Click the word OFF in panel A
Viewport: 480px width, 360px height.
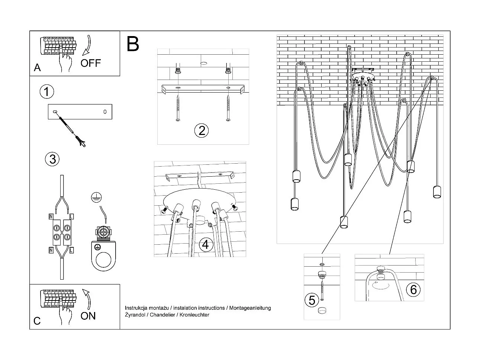(90, 63)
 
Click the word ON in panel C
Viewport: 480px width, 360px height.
(88, 316)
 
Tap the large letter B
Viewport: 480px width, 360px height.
(133, 44)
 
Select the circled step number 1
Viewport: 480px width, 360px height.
(47, 91)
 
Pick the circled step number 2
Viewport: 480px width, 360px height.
(202, 131)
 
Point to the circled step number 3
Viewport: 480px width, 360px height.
(52, 159)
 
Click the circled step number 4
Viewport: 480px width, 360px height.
(206, 245)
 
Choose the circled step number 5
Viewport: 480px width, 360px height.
(312, 300)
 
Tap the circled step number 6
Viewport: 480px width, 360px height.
(413, 289)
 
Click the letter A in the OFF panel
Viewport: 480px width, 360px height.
(37, 68)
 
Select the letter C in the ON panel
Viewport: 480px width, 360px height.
(37, 321)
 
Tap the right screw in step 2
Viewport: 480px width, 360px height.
(228, 108)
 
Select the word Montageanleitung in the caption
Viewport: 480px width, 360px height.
(250, 308)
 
